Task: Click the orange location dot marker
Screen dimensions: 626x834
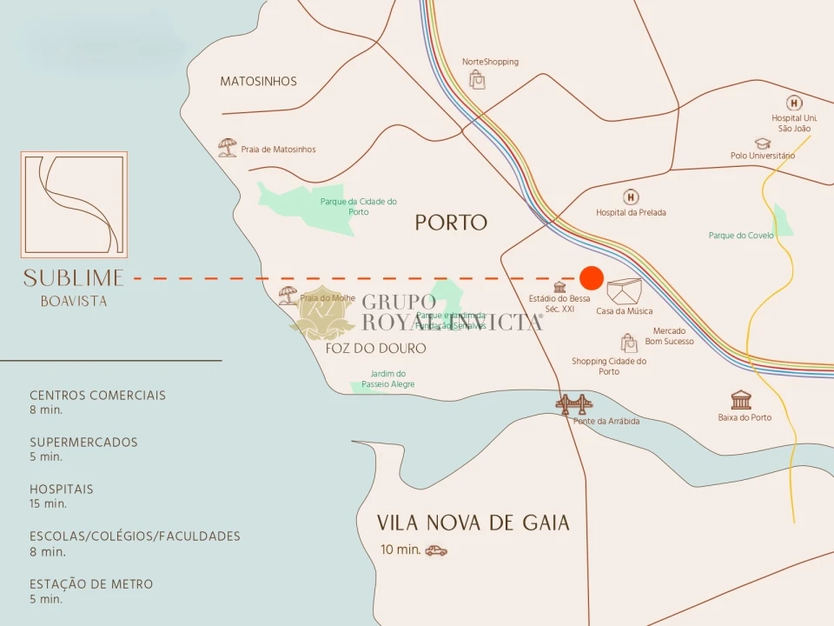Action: (592, 278)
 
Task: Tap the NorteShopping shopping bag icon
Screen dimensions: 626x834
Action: (477, 80)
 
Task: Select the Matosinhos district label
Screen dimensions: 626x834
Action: (258, 82)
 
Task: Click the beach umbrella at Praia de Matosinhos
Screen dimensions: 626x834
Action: (228, 148)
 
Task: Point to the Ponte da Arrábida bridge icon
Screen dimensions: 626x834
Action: (574, 403)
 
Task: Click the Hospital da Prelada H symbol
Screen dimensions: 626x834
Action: (631, 197)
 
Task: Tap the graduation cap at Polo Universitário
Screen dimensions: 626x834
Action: (762, 143)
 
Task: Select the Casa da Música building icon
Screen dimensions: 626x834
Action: (625, 291)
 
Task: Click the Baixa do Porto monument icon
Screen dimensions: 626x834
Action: (741, 400)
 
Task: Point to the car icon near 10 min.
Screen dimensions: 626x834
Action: (436, 550)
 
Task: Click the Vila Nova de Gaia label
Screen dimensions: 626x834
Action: (473, 523)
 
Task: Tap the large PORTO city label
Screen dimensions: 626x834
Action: (451, 223)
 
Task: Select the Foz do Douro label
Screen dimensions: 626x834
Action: (375, 349)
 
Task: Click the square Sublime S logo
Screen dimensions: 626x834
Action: (74, 204)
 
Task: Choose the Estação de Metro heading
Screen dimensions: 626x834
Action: (91, 584)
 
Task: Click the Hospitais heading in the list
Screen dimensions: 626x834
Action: (62, 489)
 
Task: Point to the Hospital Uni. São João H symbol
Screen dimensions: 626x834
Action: (793, 103)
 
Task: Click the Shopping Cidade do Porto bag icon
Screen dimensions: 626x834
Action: (628, 343)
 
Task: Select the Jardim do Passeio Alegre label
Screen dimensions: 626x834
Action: (388, 379)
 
